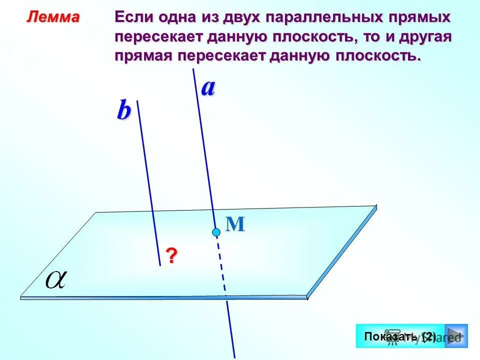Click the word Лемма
click(53, 17)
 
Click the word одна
click(183, 18)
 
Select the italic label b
click(123, 111)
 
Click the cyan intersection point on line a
click(216, 232)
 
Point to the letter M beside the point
click(235, 224)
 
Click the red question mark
click(171, 256)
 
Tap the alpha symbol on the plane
click(56, 279)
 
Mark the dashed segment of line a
click(221, 265)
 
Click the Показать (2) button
click(400, 336)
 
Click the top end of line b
click(137, 101)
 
